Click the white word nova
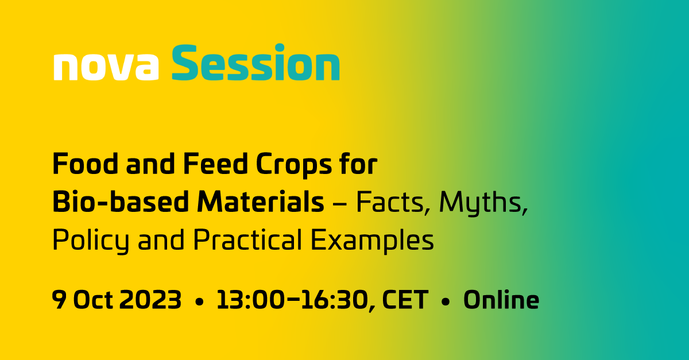(x=106, y=66)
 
